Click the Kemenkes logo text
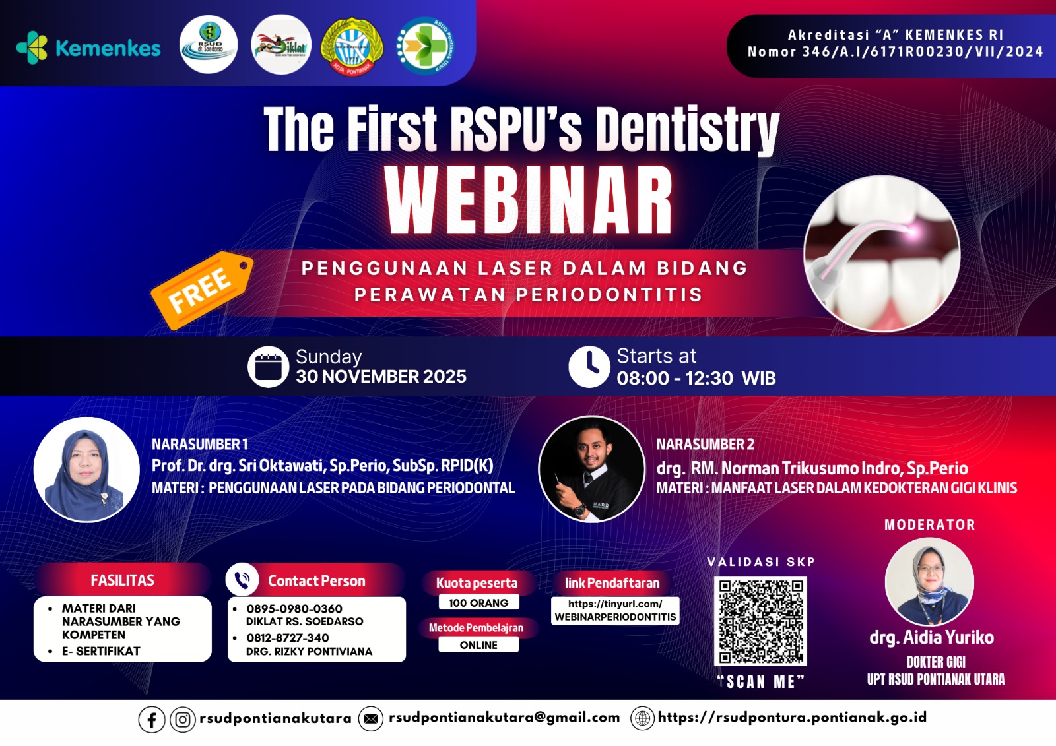point(108,48)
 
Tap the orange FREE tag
point(201,290)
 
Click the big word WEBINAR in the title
point(529,199)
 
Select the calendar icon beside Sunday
point(268,367)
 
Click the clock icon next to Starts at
point(589,367)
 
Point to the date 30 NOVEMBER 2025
point(381,377)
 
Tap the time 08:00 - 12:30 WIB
point(696,379)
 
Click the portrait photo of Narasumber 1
point(86,470)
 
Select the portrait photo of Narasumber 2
point(591,469)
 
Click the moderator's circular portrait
point(929,582)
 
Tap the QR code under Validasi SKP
point(760,621)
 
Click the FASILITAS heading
point(123,580)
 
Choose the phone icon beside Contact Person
point(242,580)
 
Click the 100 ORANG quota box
point(478,603)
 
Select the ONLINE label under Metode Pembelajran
point(478,645)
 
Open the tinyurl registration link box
point(615,610)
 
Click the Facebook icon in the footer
point(152,720)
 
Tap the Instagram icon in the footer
point(183,720)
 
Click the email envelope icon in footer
point(371,719)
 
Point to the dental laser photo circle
point(882,253)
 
